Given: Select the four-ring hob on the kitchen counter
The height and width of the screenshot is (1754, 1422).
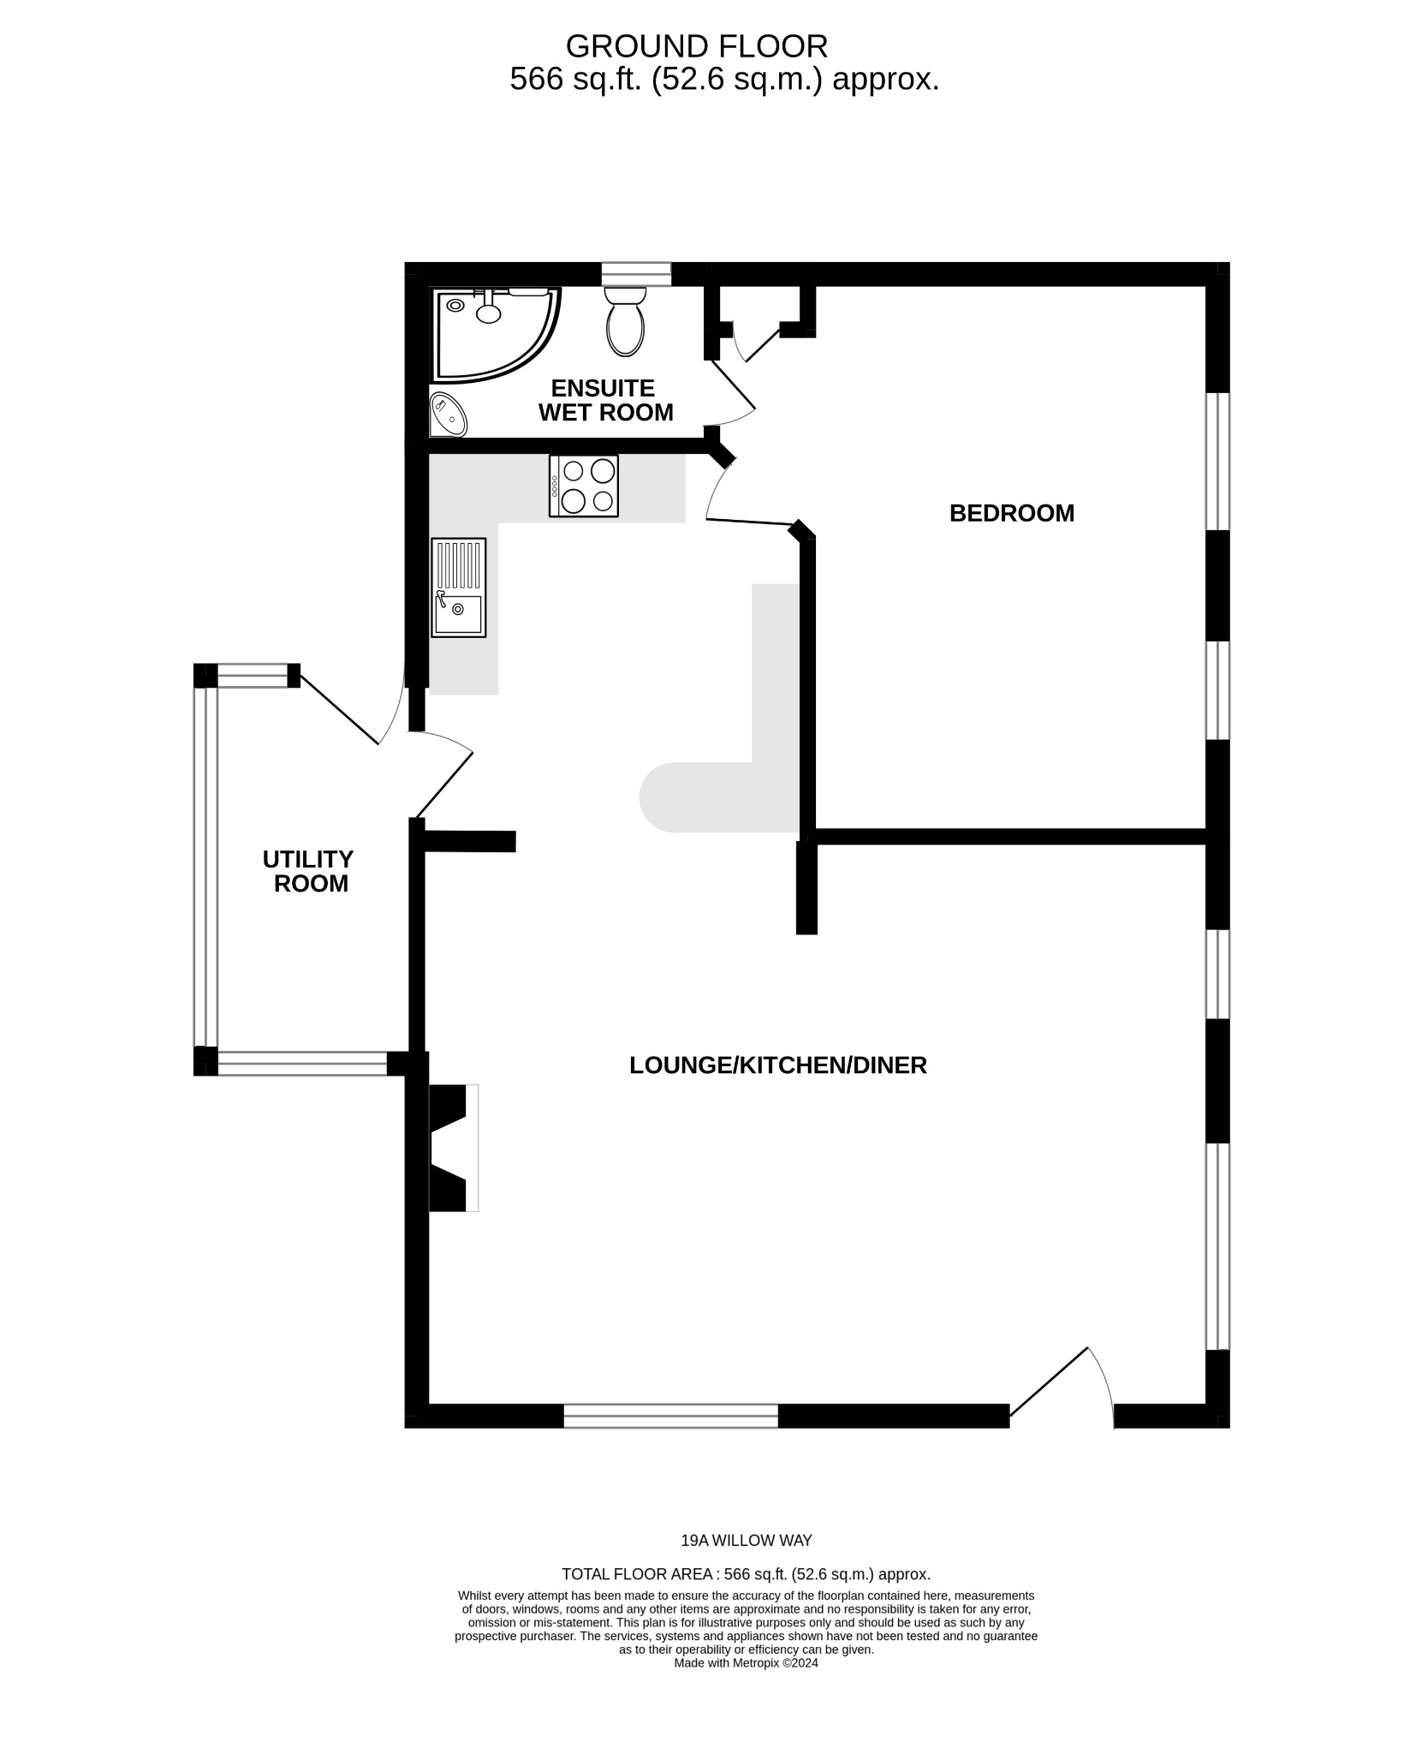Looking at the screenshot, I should [x=583, y=486].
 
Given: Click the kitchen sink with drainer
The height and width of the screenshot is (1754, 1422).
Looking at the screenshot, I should [x=458, y=587].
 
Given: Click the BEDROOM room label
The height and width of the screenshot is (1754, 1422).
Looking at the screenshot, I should [x=1011, y=513].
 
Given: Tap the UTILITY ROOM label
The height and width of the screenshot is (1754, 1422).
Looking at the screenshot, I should [x=308, y=871].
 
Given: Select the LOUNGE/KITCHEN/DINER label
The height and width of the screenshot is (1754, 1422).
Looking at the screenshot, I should [x=777, y=1065].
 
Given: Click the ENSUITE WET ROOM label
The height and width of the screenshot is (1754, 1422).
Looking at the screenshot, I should [x=604, y=401].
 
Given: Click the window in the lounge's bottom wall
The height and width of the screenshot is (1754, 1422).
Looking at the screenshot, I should [x=670, y=1416].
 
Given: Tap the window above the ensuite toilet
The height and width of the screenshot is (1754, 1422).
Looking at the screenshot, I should [x=635, y=273].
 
